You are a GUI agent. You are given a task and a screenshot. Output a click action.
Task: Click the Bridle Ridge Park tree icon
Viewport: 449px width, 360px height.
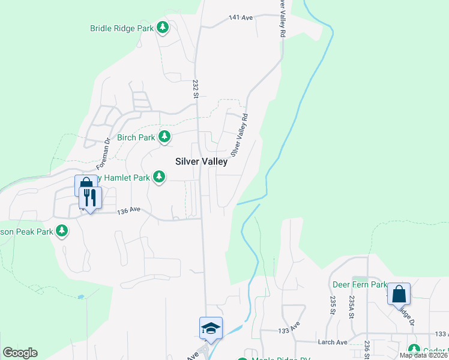(163, 28)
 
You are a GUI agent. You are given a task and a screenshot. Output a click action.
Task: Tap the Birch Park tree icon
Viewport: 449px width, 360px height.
(164, 137)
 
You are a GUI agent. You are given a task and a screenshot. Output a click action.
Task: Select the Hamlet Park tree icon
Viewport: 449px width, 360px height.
(159, 177)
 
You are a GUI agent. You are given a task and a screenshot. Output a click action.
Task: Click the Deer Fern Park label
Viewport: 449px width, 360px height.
(358, 284)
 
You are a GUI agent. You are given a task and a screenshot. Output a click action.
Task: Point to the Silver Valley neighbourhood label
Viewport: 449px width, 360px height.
(202, 161)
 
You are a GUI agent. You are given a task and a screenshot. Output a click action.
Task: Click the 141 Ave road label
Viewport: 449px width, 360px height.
(241, 18)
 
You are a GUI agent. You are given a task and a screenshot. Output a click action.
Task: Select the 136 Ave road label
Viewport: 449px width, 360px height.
(128, 211)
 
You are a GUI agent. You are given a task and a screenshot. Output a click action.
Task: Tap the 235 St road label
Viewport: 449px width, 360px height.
(332, 305)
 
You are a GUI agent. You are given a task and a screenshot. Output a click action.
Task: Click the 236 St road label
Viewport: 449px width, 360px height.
(366, 349)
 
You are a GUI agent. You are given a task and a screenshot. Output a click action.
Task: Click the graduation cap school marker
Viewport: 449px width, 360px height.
(211, 328)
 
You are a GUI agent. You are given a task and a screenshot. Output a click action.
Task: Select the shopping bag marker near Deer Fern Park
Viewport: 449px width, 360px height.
(399, 294)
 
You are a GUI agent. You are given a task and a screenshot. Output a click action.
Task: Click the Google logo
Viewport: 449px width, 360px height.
(20, 353)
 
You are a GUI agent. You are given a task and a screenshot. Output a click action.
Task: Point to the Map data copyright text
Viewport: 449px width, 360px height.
(424, 355)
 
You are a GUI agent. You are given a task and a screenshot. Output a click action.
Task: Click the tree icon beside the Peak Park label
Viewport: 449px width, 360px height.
(61, 231)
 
